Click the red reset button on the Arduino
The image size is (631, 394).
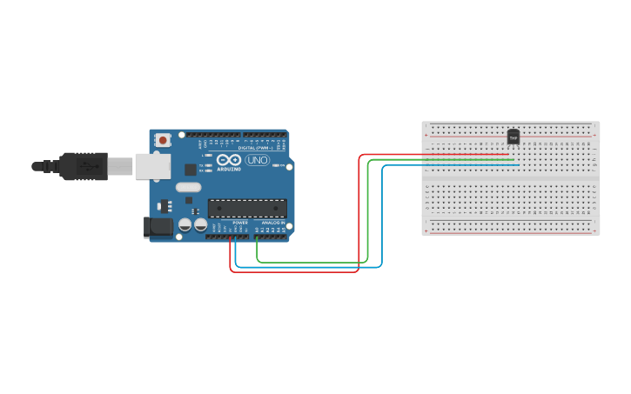coord(163,139)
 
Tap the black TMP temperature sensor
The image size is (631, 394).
coord(514,137)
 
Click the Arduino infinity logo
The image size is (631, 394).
coord(229,160)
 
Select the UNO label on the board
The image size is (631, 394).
coord(258,160)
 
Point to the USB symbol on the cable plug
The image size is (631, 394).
coord(85,164)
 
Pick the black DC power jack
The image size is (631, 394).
coord(158,227)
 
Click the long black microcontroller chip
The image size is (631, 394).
coord(246,208)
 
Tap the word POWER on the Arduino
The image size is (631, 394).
coord(240,223)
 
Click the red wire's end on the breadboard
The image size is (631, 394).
coord(508,155)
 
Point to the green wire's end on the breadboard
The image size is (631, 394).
coord(514,160)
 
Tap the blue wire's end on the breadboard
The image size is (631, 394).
coord(519,165)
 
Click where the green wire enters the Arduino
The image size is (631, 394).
coord(257,236)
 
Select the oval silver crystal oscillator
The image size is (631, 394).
coord(188,187)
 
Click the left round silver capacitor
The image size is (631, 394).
coord(185,224)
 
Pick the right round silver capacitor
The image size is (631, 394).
coord(200,224)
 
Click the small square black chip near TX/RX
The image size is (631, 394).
coord(190,170)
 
